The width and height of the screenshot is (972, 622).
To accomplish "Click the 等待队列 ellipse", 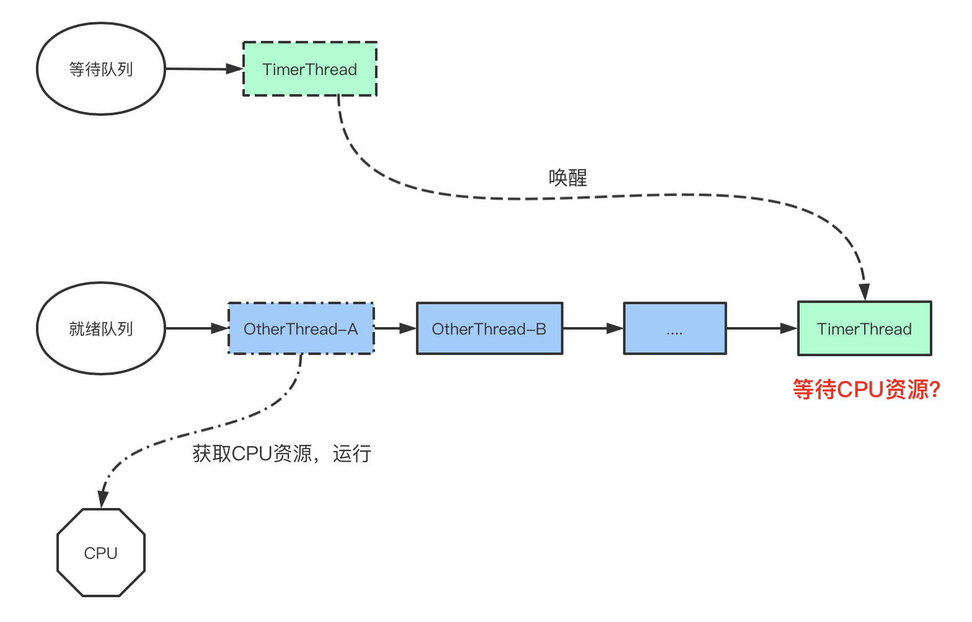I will tap(101, 69).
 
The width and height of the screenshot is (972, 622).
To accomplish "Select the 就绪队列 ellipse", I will tap(101, 328).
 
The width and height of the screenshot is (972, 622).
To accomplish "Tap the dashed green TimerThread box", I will tap(309, 69).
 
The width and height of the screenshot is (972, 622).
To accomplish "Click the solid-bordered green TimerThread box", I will tap(864, 328).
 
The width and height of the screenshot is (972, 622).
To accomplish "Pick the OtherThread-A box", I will tap(301, 328).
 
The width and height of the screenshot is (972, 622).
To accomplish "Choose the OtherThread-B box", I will tap(489, 328).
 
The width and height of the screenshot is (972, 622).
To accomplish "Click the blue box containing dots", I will tap(674, 328).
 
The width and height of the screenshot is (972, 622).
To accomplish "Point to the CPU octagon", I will tap(100, 553).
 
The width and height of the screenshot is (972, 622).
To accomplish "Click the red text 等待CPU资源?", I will tap(866, 390).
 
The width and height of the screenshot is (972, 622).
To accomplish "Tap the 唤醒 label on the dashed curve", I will tap(567, 178).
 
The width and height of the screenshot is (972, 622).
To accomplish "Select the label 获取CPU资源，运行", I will tap(281, 453).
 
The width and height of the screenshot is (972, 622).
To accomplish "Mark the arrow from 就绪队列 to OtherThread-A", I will tap(197, 328).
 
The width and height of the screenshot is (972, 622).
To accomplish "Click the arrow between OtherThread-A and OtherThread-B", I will tap(395, 328).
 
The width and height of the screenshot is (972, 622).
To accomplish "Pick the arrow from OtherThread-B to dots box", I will tap(593, 328).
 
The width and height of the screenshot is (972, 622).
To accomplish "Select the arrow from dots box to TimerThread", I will tap(761, 328).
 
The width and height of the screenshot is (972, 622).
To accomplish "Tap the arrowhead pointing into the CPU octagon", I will tap(103, 499).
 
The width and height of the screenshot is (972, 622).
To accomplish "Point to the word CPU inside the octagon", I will tap(100, 553).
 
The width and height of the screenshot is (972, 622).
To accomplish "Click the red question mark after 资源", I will tap(935, 390).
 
